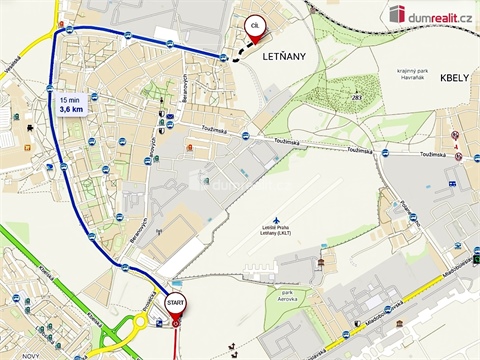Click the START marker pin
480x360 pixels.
(175, 303)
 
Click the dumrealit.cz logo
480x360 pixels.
(429, 13)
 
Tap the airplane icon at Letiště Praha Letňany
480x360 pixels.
(276, 220)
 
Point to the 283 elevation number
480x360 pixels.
(357, 97)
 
